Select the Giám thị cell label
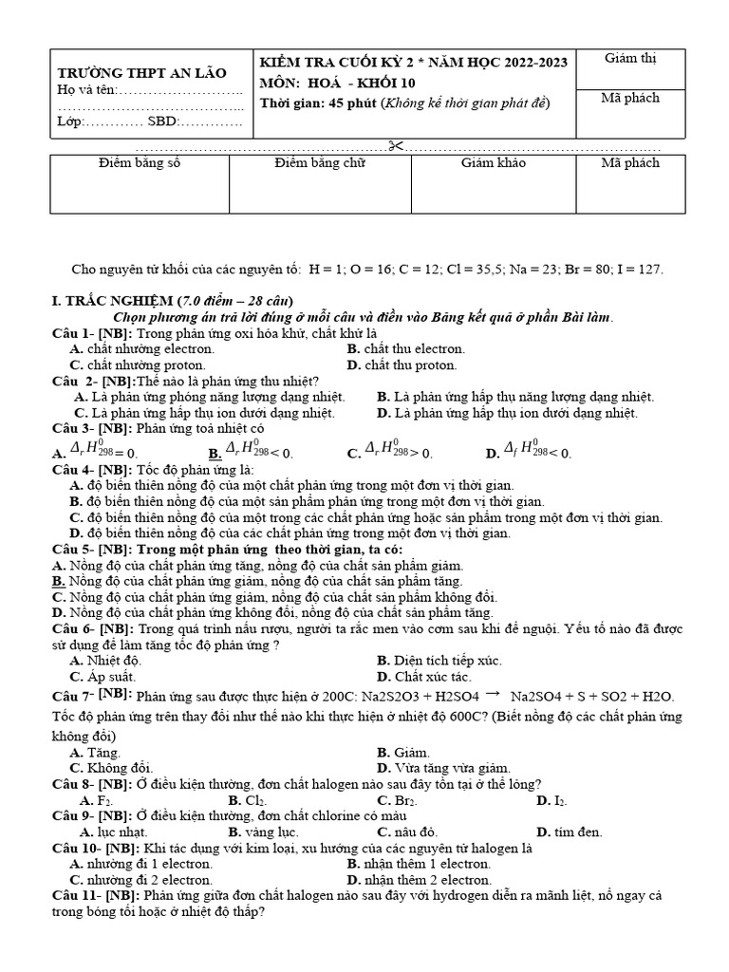630,59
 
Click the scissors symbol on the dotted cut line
396,145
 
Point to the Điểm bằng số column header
139,163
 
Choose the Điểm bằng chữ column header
319,163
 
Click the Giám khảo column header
493,163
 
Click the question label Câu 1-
72,333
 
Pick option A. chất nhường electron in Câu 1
141,348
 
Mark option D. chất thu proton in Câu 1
402,364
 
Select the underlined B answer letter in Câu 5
58,581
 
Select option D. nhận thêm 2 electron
419,879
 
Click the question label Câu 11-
76,895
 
